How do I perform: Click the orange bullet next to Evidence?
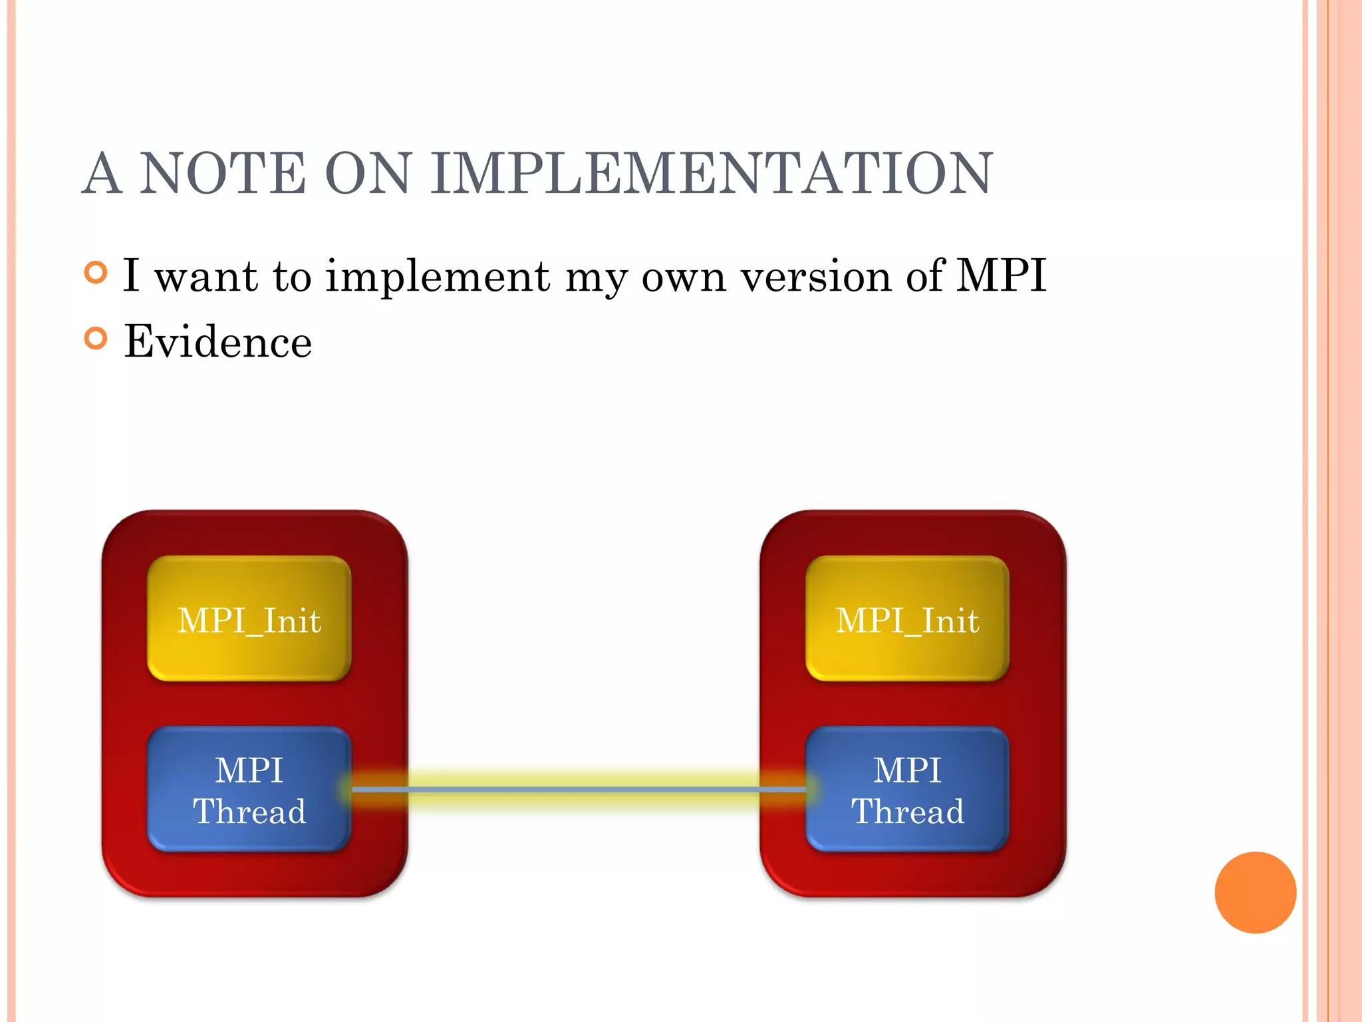click(96, 339)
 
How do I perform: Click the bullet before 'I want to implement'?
click(96, 273)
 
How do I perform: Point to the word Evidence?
click(217, 341)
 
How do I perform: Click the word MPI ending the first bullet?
click(1001, 275)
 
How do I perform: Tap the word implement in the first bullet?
click(438, 276)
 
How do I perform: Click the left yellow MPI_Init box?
click(249, 619)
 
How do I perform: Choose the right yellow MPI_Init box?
click(907, 619)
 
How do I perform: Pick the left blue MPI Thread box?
click(249, 789)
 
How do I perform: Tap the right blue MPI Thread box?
click(907, 789)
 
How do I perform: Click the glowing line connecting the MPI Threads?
click(579, 789)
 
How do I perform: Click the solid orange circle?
click(1255, 892)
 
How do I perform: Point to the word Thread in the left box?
click(249, 811)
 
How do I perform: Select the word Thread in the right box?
click(908, 811)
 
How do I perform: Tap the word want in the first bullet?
click(206, 276)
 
